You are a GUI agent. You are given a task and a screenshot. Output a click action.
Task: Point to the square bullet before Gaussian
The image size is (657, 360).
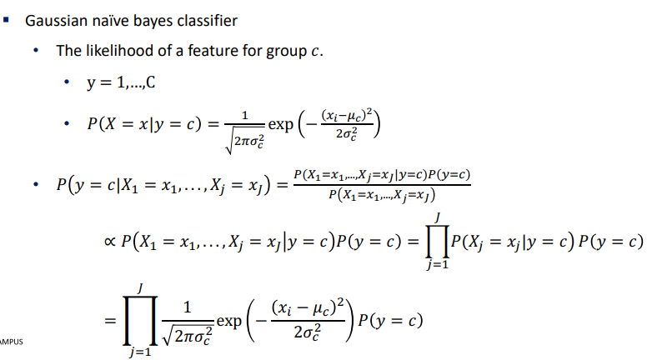tap(10, 19)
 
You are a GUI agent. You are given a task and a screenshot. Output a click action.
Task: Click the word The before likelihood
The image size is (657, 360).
tap(69, 50)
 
